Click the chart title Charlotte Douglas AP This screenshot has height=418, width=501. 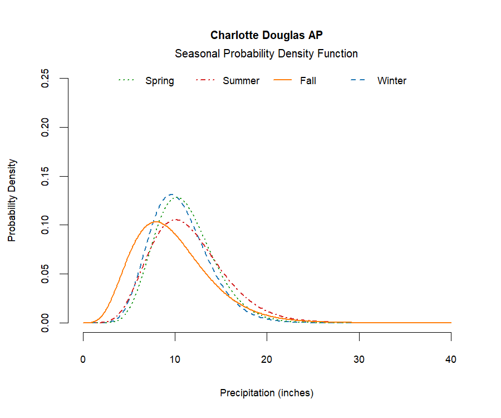[266, 35]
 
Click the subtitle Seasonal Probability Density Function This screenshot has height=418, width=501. [266, 54]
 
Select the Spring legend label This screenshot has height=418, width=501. [160, 81]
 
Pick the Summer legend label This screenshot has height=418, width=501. [241, 81]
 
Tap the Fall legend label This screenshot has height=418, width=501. [308, 81]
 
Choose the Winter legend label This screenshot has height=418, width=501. [392, 81]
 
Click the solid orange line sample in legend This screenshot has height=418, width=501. [283, 81]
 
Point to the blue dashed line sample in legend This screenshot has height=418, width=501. [358, 81]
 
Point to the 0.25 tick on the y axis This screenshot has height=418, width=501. [46, 79]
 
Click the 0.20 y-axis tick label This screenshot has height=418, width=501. [46, 127]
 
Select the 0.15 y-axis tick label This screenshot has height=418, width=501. [46, 176]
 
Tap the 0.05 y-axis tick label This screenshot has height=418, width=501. [46, 274]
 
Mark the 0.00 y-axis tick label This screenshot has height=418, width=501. [46, 323]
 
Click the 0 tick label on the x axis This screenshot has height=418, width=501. [83, 359]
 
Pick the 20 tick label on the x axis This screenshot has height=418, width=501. [267, 359]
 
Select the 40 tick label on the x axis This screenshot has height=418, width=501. [451, 359]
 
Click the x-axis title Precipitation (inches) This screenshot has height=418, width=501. [267, 393]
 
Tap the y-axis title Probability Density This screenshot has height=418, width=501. [12, 200]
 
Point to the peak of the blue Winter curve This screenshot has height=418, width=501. [172, 195]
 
